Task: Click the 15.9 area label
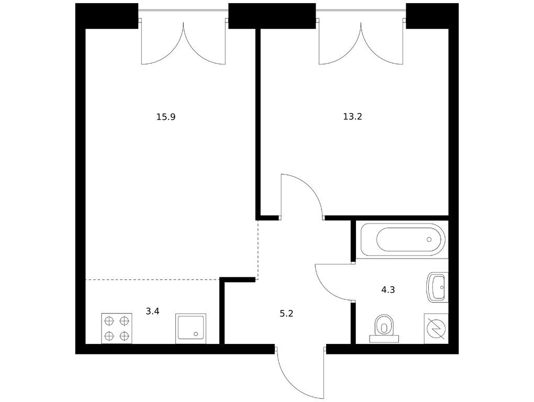coord(166,117)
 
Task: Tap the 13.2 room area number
coord(352,117)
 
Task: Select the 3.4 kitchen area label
coord(152,311)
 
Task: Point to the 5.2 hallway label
coord(286,314)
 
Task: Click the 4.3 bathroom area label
coord(388,290)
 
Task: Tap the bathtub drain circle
coord(429,239)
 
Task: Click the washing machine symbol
coord(436,329)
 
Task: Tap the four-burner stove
coord(117,329)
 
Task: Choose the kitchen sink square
coord(191,329)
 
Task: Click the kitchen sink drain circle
coord(195,334)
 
